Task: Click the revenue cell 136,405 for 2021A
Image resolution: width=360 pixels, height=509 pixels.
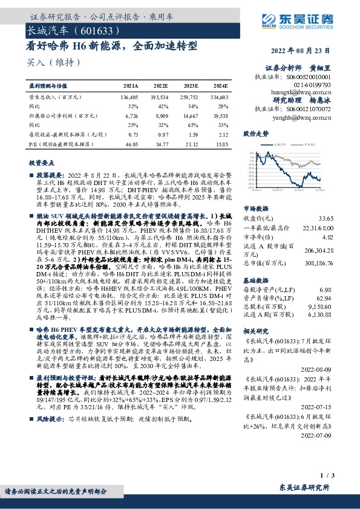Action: click(129, 97)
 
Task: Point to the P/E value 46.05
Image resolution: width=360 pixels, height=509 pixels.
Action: click(131, 146)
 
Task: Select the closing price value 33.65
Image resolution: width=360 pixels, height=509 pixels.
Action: click(326, 218)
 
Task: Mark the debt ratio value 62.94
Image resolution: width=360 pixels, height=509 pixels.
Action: click(326, 298)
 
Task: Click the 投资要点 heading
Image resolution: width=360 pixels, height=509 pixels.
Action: click(41, 163)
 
